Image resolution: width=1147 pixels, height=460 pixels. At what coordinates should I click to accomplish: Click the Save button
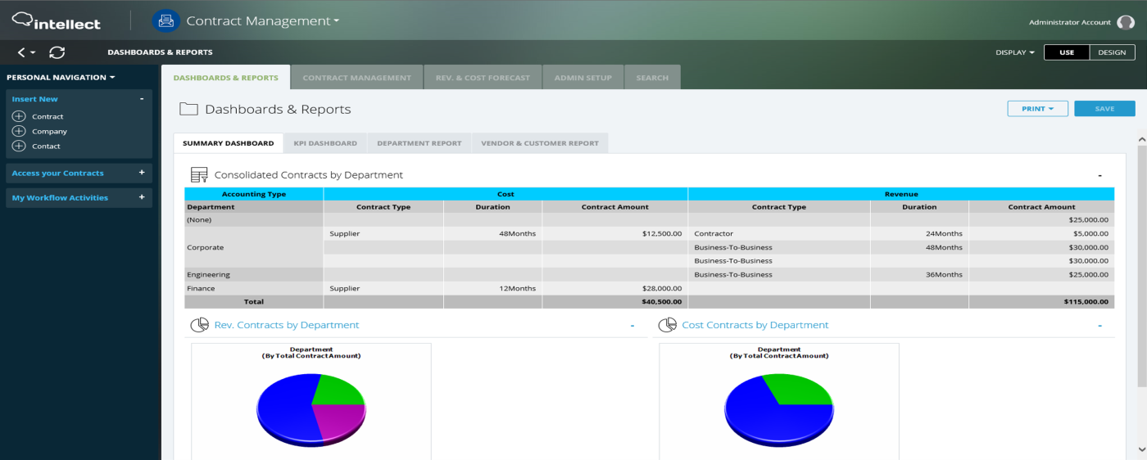1104,109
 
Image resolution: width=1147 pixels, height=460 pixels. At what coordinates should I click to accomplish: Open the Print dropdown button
1037,109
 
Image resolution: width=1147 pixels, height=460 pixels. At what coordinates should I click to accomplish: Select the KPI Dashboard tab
325,143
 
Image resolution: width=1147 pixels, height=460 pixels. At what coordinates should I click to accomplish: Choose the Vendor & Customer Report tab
540,143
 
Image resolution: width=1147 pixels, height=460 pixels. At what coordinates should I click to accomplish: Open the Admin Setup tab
583,78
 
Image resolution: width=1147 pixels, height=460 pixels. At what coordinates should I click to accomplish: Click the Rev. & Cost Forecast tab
483,78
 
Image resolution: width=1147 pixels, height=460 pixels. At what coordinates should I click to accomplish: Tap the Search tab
652,78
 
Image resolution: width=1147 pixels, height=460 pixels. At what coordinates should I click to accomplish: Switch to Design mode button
1112,52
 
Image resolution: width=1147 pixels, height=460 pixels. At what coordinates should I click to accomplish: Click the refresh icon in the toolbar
57,52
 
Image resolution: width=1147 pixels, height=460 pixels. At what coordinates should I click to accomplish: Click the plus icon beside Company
19,131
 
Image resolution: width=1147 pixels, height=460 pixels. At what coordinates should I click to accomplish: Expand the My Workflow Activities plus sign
142,197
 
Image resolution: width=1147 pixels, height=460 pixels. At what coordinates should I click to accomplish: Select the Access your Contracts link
58,173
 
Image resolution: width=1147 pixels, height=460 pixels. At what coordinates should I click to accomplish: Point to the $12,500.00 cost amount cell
662,233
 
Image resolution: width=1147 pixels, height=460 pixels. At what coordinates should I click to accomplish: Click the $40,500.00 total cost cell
662,301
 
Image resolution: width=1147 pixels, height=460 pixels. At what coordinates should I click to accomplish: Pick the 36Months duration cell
944,274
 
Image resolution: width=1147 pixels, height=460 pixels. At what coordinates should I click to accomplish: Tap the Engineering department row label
208,274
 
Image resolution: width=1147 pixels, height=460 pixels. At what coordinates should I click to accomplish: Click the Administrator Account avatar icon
1125,22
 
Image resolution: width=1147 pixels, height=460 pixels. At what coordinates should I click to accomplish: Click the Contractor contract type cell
714,233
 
